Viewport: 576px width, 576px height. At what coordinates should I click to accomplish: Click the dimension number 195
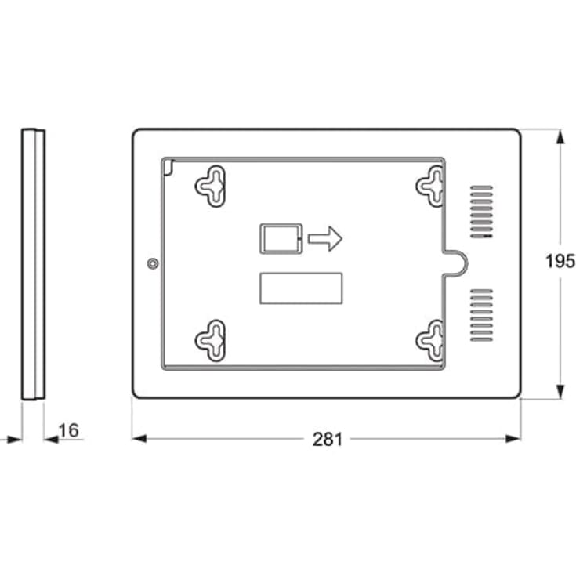tap(560, 261)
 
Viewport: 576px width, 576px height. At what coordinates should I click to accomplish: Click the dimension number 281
tap(328, 440)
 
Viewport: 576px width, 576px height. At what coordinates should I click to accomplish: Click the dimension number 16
tap(69, 430)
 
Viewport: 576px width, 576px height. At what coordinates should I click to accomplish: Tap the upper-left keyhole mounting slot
tap(211, 186)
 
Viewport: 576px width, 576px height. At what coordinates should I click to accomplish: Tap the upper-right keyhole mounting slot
tap(430, 186)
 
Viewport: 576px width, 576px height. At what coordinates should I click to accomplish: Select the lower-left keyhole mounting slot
tap(211, 339)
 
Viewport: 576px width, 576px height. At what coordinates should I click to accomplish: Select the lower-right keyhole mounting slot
tap(430, 339)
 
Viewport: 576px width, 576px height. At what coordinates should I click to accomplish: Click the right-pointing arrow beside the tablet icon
tap(325, 238)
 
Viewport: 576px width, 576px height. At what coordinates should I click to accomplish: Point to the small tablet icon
tap(280, 238)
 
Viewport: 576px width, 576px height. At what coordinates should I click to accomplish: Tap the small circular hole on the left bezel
tap(152, 263)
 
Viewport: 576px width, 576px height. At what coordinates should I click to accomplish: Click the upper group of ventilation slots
tap(481, 212)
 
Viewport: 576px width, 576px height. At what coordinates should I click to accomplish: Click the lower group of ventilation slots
tap(481, 315)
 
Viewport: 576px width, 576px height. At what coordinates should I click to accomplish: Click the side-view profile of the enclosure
tap(32, 263)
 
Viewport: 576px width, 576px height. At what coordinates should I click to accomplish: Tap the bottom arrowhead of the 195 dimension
tap(560, 391)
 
